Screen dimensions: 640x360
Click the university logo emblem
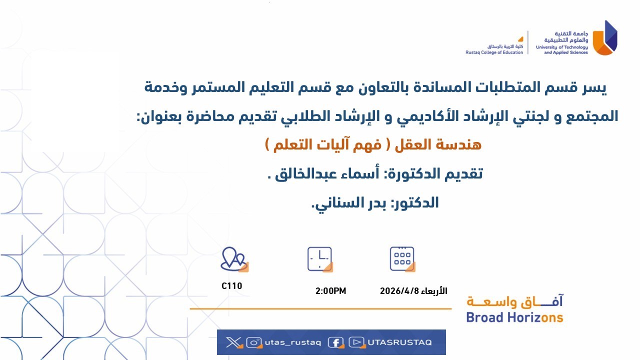(605, 38)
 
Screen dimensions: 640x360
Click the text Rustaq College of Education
(494, 52)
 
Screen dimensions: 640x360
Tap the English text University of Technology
(561, 47)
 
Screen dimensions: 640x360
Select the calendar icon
(402, 259)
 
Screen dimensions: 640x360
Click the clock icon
(320, 259)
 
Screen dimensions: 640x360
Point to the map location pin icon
(234, 259)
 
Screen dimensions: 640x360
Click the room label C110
(231, 286)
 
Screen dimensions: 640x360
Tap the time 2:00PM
(330, 291)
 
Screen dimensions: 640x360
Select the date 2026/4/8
(399, 291)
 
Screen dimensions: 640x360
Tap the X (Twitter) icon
(233, 342)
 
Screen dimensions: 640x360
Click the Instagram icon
(254, 342)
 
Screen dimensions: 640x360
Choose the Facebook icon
(336, 342)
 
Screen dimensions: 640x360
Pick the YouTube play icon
(357, 342)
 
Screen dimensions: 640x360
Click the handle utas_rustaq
(293, 342)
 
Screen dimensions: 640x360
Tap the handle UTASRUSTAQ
(399, 342)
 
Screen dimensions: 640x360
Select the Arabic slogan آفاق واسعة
(514, 301)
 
